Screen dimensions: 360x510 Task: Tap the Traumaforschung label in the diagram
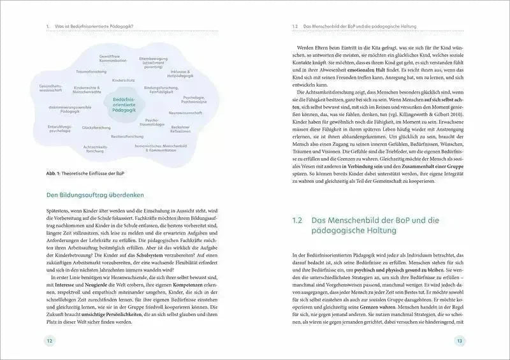91,71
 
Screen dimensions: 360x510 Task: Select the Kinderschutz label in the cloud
123,80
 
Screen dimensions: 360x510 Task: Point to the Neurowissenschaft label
186,112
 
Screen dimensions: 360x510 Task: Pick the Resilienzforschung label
127,136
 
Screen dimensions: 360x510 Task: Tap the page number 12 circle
50,341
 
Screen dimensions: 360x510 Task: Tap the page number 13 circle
460,341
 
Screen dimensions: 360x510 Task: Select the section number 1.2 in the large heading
297,220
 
